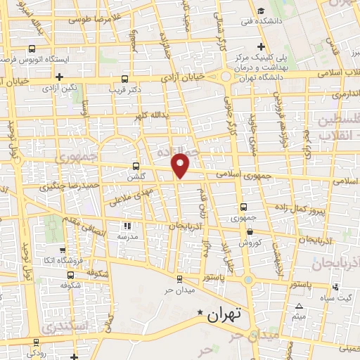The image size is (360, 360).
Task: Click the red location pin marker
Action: coord(181,165)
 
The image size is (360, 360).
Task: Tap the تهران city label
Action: coord(224,316)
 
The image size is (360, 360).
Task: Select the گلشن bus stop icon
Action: coord(136,167)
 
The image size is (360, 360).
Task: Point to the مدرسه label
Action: coord(128,237)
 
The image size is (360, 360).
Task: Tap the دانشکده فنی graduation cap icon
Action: coord(261,11)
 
